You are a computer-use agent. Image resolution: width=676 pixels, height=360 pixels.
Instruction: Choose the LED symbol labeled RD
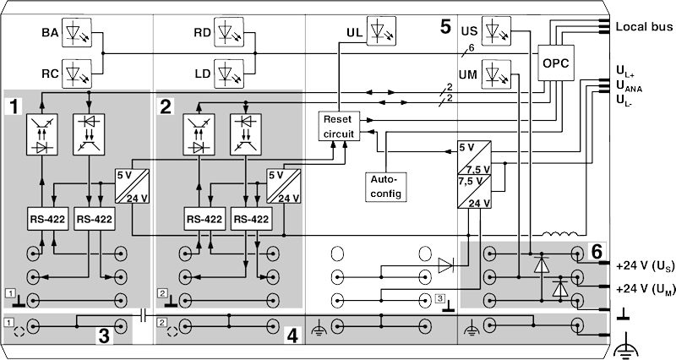click(x=230, y=33)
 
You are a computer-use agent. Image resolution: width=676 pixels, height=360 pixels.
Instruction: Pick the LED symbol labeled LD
click(x=230, y=74)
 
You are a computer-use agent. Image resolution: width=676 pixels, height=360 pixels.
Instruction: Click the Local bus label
click(x=643, y=27)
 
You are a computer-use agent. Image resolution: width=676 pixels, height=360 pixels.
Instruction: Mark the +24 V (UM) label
click(x=644, y=289)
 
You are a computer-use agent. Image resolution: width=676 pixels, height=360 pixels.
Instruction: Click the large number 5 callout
click(x=445, y=27)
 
